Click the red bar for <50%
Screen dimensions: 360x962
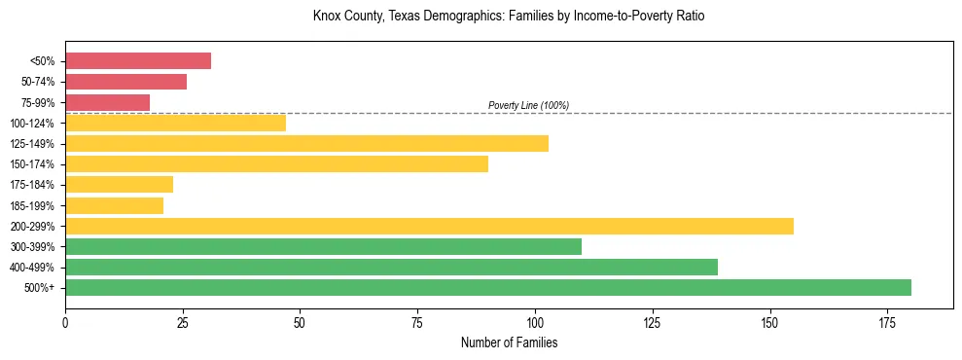138,61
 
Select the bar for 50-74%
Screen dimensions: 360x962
125,82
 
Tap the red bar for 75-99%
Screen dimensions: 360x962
107,102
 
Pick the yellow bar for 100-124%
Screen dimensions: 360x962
175,123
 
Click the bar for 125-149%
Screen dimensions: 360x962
306,143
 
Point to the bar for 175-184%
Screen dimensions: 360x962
119,184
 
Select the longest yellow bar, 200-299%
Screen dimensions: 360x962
429,226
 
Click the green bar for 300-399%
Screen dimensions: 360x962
323,246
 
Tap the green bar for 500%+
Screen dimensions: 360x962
488,287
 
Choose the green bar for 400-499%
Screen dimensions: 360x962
391,267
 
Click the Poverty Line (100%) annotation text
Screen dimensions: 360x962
528,105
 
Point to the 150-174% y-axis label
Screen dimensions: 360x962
33,164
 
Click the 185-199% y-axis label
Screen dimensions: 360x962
33,205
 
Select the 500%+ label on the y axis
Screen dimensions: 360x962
40,288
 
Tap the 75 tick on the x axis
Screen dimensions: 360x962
417,321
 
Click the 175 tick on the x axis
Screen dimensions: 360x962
887,321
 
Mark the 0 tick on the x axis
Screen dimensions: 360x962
65,321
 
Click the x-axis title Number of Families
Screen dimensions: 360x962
509,342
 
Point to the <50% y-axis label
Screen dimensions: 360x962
42,61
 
